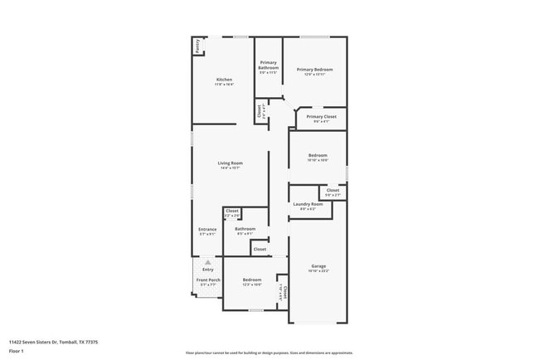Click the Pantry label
tap(197, 46)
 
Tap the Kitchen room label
tap(224, 79)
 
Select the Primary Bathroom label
tap(268, 65)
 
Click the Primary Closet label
tap(321, 117)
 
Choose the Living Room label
tap(230, 163)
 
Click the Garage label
tap(318, 266)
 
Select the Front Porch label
tap(207, 280)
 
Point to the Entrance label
tap(207, 229)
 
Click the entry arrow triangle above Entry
tap(207, 261)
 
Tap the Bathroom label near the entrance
tap(245, 229)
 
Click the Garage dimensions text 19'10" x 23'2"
tap(318, 271)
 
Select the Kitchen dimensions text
tap(224, 84)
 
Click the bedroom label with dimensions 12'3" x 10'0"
tap(252, 280)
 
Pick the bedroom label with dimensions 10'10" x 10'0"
tap(318, 155)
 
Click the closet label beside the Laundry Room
tap(332, 191)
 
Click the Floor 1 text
tap(17, 352)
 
